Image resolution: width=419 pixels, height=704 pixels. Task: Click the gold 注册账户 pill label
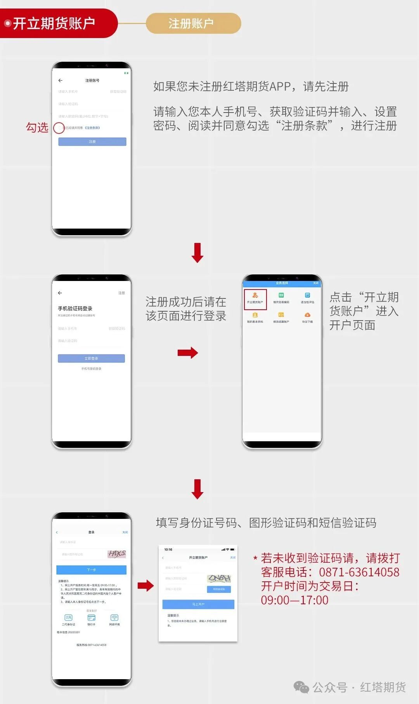(x=193, y=23)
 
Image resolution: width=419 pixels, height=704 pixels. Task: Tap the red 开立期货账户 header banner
(x=54, y=23)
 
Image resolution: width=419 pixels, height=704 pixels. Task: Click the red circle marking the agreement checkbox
(x=59, y=128)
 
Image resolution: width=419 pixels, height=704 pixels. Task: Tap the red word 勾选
(x=37, y=127)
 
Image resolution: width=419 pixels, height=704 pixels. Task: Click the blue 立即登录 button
(x=91, y=358)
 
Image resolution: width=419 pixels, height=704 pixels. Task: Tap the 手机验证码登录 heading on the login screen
(x=75, y=309)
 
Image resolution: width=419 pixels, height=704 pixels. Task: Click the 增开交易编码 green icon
(x=281, y=296)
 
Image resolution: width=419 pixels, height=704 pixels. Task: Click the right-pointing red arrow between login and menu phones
(x=188, y=352)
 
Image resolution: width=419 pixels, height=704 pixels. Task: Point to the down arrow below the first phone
(x=197, y=253)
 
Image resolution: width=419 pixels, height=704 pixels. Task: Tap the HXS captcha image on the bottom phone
(x=116, y=554)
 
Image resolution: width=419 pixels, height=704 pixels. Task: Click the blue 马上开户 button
(x=198, y=604)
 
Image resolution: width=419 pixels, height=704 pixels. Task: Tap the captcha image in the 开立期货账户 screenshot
(x=219, y=578)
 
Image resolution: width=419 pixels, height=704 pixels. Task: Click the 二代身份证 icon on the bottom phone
(x=68, y=618)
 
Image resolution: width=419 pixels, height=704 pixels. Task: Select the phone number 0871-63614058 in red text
(x=359, y=572)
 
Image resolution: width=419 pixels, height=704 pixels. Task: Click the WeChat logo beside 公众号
(x=301, y=687)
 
